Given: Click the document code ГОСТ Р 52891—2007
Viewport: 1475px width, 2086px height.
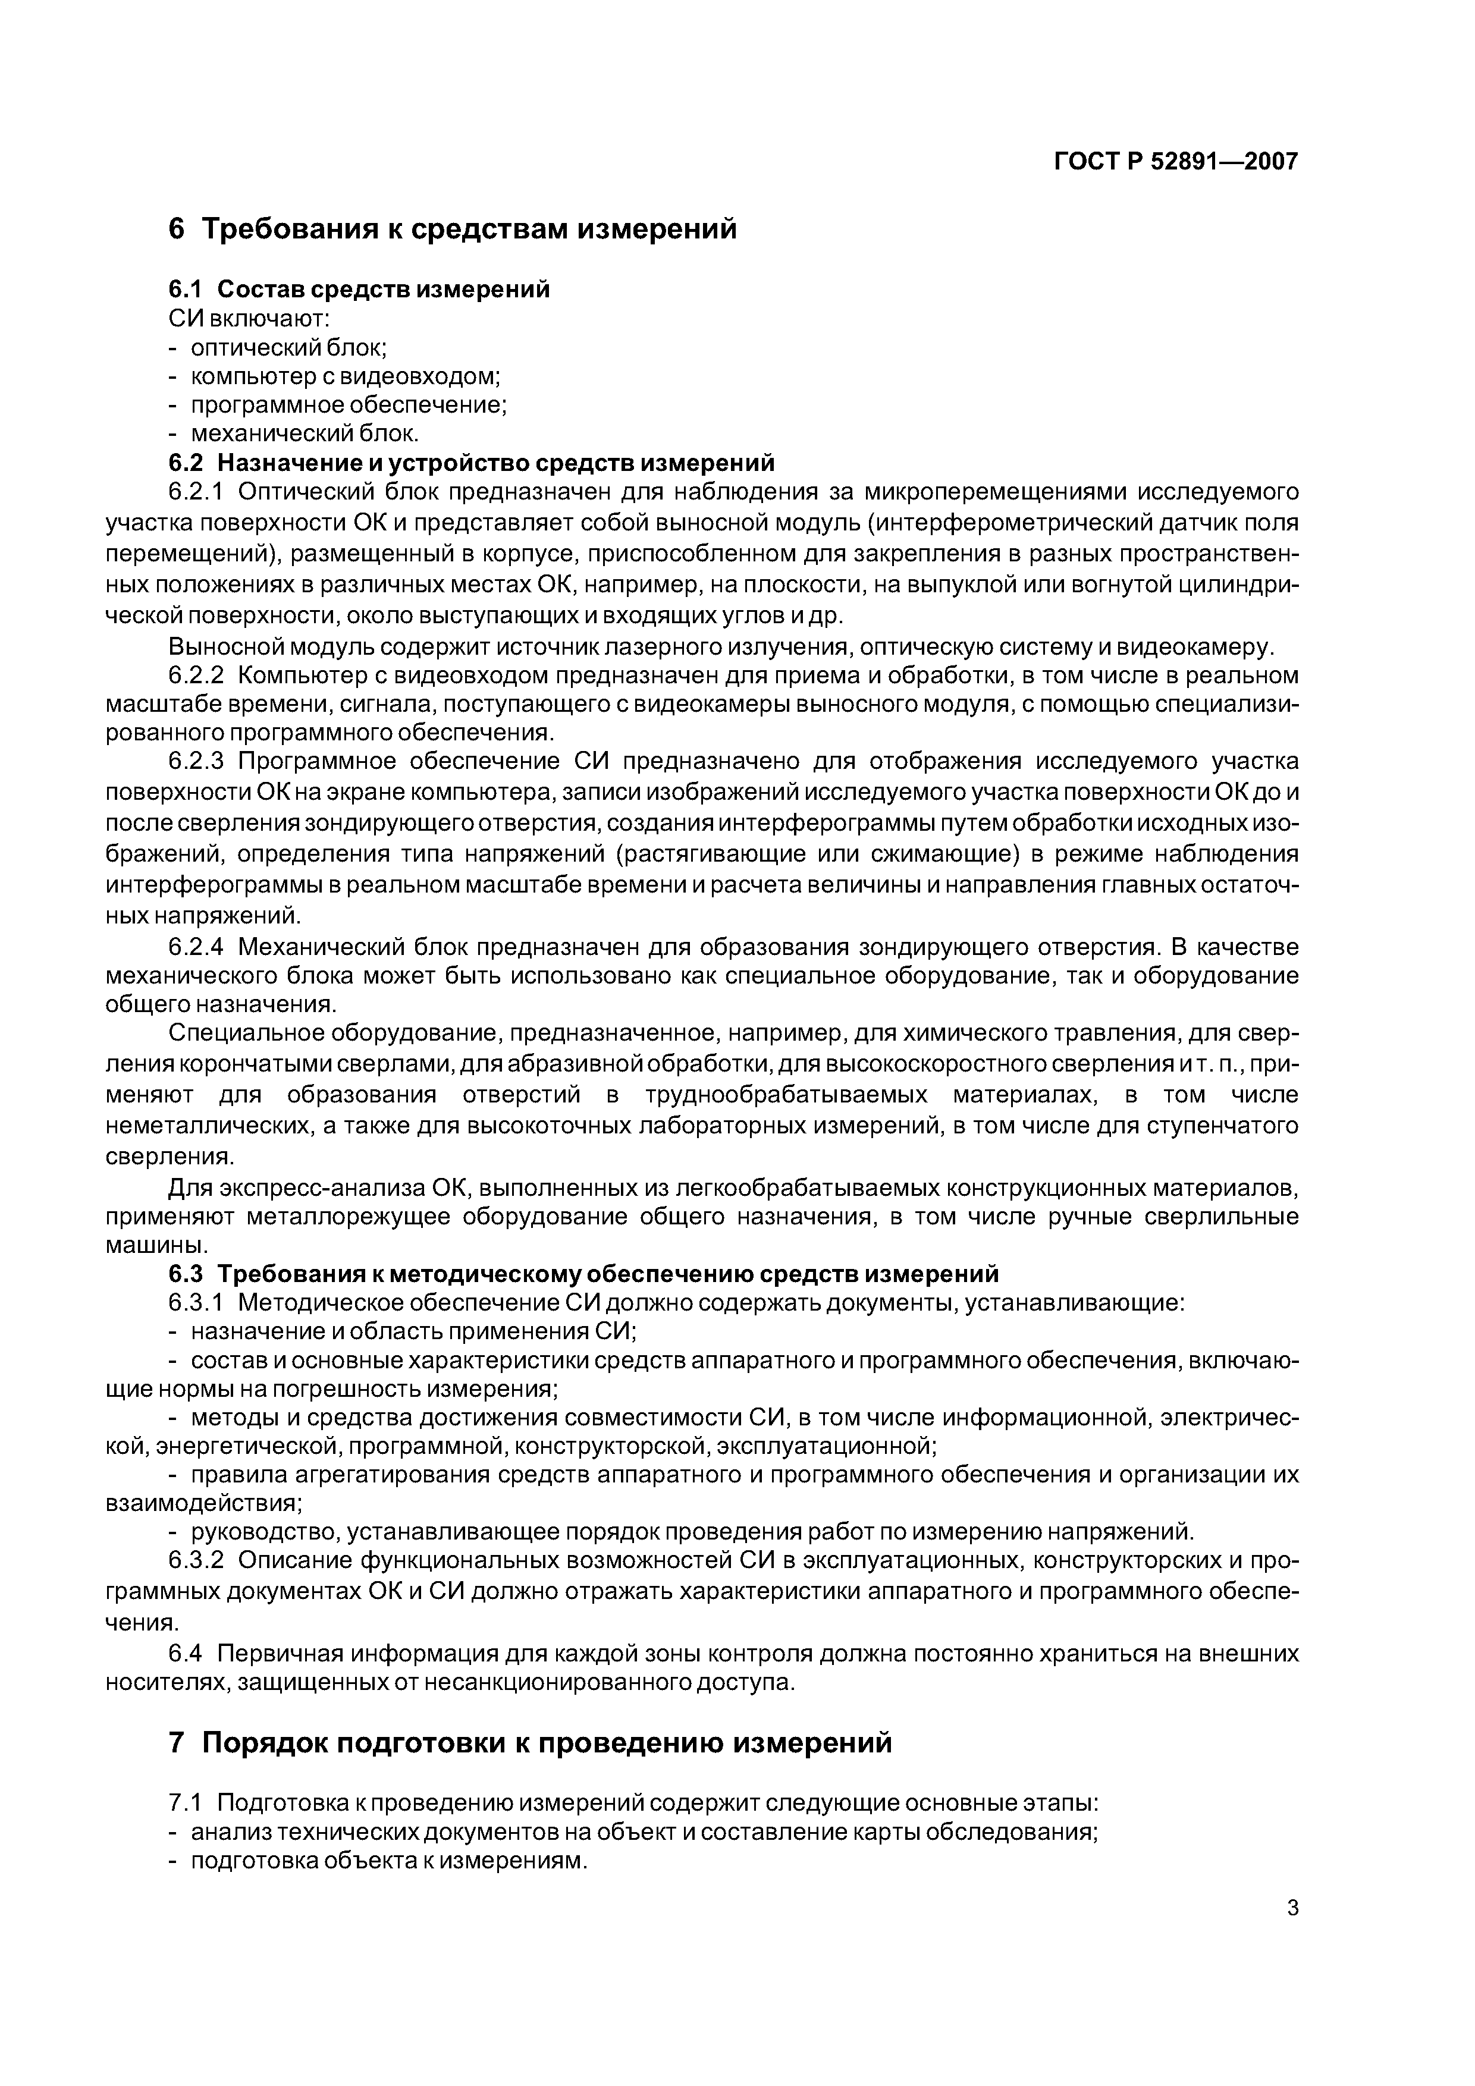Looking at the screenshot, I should click(x=1176, y=162).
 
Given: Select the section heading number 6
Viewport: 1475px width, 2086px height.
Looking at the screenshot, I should click(x=176, y=229).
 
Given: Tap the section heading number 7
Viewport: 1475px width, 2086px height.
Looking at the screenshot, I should click(x=177, y=1742).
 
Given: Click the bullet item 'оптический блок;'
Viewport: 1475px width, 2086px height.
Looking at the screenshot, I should click(x=289, y=347).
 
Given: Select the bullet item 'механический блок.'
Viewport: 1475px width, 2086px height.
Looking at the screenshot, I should click(x=305, y=433).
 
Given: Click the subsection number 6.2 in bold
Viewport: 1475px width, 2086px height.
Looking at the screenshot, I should click(x=187, y=463).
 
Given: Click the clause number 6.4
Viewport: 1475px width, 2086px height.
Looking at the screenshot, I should click(x=187, y=1653).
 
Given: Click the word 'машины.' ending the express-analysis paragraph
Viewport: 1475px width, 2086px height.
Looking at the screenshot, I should click(x=145, y=1245).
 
